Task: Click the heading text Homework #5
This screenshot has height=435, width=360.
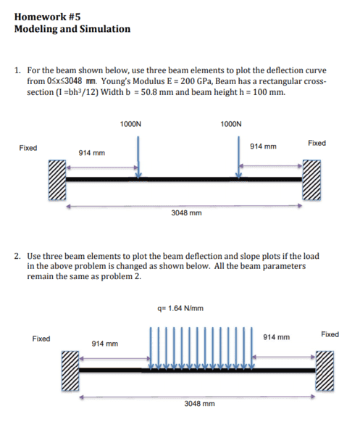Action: click(x=47, y=17)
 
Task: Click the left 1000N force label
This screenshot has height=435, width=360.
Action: click(x=130, y=124)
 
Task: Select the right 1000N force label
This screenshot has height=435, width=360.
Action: click(x=231, y=124)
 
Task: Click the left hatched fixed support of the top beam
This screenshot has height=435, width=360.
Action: click(x=57, y=180)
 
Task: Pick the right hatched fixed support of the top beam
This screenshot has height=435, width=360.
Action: click(x=311, y=180)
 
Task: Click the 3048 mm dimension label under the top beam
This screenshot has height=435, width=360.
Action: click(x=186, y=213)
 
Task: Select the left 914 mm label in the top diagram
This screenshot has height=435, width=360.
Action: click(x=92, y=153)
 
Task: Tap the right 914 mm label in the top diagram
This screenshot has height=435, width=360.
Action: click(x=263, y=146)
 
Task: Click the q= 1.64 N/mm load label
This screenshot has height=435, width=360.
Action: click(x=180, y=308)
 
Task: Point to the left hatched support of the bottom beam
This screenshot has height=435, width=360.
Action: click(x=70, y=371)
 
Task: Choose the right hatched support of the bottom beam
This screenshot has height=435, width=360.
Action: click(x=325, y=371)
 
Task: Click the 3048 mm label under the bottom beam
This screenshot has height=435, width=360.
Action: click(x=199, y=404)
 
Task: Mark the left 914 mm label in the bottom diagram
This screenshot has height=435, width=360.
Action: click(x=105, y=344)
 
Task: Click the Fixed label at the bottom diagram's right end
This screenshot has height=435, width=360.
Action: click(x=330, y=334)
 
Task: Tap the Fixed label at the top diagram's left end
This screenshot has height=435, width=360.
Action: click(x=28, y=148)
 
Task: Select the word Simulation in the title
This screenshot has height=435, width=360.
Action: click(x=105, y=29)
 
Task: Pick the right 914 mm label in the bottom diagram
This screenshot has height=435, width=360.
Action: click(x=276, y=337)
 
